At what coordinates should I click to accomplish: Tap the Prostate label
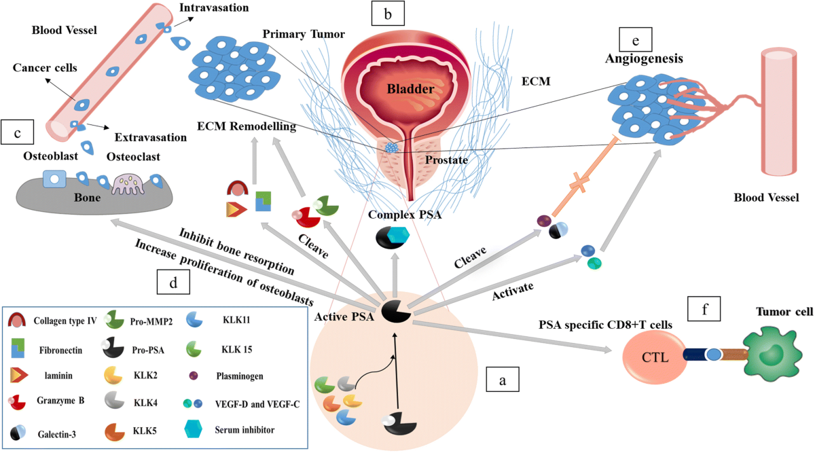coord(448,160)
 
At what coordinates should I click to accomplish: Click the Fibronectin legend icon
coord(18,348)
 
